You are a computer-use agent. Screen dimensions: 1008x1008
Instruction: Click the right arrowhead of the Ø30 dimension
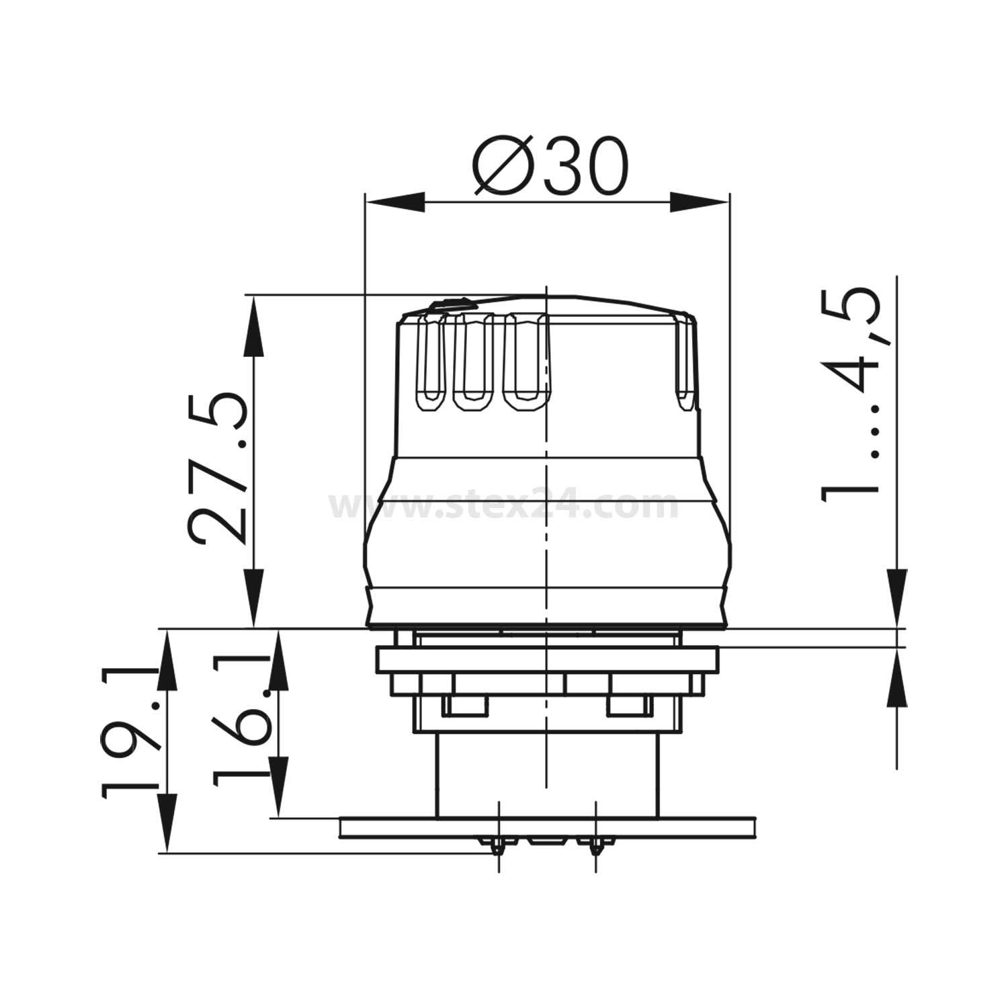click(x=699, y=202)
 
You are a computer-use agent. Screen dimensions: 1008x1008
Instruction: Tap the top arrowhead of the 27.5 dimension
click(x=254, y=329)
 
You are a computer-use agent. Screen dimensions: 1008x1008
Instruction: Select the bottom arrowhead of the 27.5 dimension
click(x=254, y=598)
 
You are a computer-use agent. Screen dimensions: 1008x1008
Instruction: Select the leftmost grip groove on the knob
click(x=431, y=363)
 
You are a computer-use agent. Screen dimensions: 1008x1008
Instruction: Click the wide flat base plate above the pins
click(x=548, y=827)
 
